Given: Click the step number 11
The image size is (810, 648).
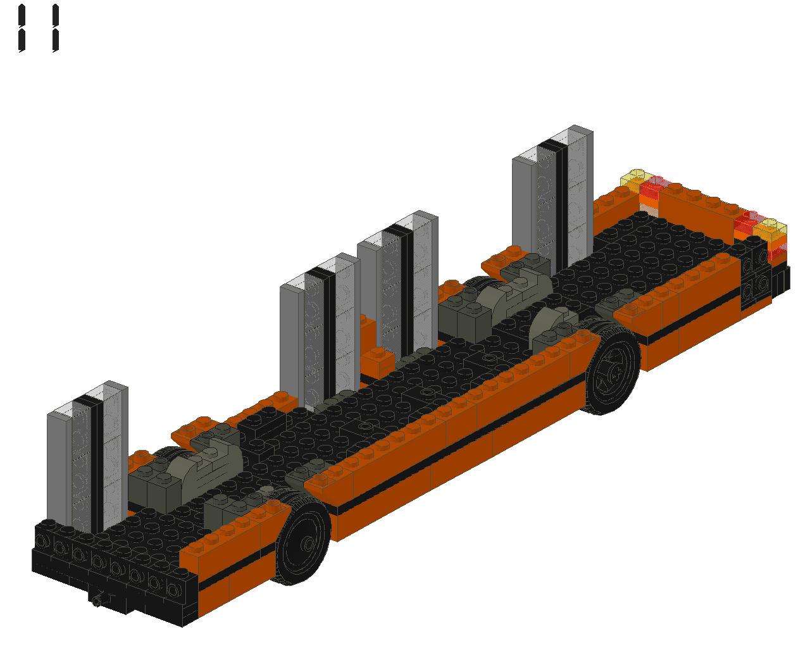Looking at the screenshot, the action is [39, 28].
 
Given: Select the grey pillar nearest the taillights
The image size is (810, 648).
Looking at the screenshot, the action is [552, 199].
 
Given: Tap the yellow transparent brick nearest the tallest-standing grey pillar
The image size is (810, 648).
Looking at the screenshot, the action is [636, 178].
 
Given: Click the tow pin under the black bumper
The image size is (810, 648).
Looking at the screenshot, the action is [99, 599].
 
